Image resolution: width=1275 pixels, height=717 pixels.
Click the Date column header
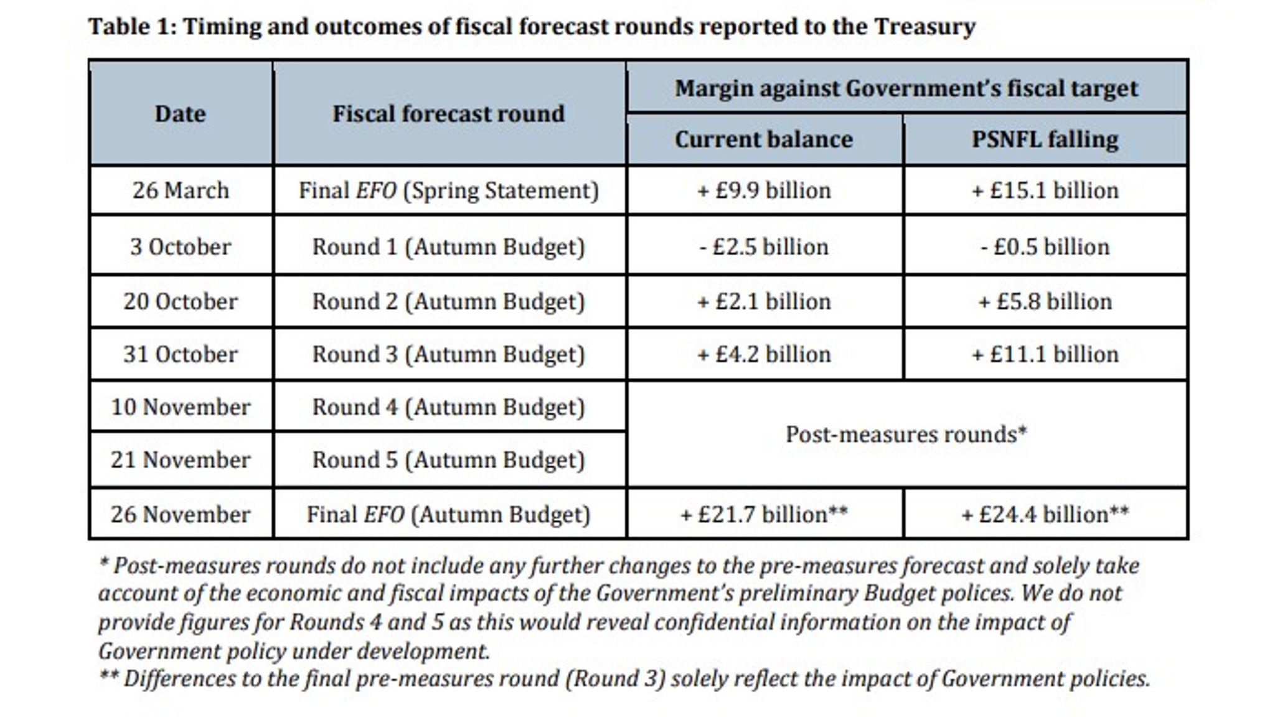(x=180, y=113)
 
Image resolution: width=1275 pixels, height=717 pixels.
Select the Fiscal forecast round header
(x=448, y=113)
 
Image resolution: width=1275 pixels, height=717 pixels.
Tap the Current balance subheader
(x=764, y=139)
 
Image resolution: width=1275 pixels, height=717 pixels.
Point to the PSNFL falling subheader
(x=1045, y=139)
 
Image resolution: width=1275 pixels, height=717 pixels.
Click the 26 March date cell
(x=180, y=190)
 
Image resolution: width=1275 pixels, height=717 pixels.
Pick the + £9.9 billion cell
(x=764, y=190)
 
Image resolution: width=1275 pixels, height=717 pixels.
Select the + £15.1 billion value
(x=1045, y=190)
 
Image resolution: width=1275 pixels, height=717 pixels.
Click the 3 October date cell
(x=180, y=247)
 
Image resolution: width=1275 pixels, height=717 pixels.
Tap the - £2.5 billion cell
(x=764, y=247)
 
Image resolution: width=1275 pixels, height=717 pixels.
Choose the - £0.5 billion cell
(x=1045, y=247)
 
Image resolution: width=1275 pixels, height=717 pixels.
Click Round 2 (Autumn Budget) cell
(x=448, y=302)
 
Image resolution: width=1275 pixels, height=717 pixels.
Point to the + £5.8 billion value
(x=1045, y=302)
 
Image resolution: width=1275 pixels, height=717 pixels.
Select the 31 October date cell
(x=180, y=355)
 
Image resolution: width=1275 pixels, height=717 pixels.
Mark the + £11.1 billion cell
(x=1045, y=355)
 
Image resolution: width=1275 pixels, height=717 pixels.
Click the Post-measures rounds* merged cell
(x=906, y=434)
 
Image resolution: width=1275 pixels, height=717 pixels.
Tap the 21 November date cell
(x=180, y=460)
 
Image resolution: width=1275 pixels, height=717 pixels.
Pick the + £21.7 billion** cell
(x=764, y=515)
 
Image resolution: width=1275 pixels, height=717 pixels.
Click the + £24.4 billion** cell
(x=1045, y=515)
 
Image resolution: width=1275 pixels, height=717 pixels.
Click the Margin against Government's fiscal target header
(x=906, y=88)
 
